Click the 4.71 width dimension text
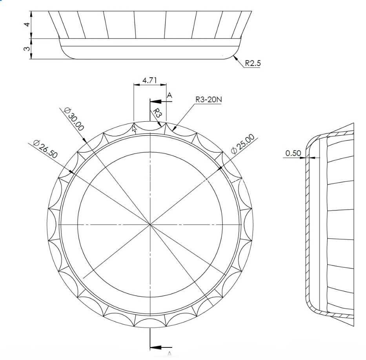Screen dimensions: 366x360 click(x=149, y=80)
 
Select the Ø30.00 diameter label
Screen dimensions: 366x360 click(x=74, y=119)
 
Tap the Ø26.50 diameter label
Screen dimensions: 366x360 click(x=45, y=149)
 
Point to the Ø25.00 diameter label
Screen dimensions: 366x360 click(x=243, y=144)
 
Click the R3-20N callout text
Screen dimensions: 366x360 click(x=209, y=99)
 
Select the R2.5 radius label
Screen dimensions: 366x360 click(x=253, y=63)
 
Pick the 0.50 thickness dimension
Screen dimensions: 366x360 click(x=293, y=153)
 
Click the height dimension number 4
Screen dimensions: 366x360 click(x=27, y=24)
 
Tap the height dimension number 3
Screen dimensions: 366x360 click(x=27, y=49)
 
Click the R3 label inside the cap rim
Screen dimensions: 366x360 click(x=157, y=113)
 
